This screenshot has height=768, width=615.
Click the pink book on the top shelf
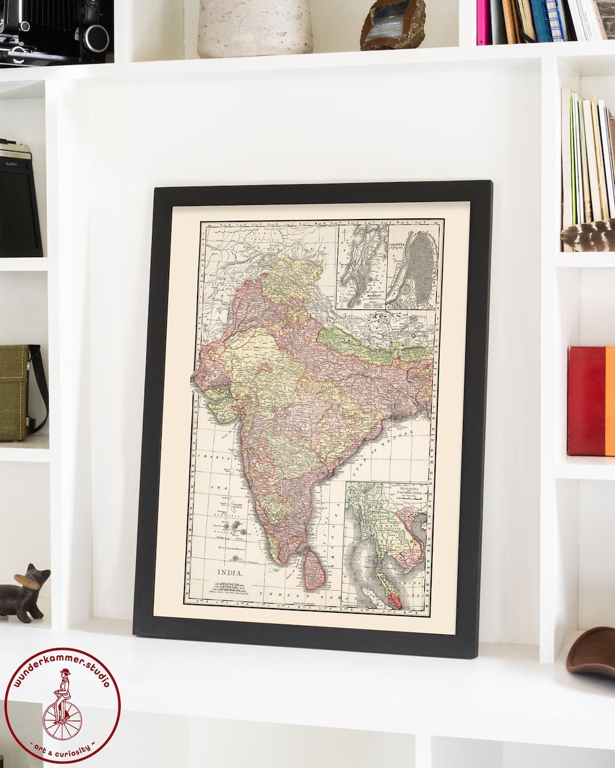tap(483, 23)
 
